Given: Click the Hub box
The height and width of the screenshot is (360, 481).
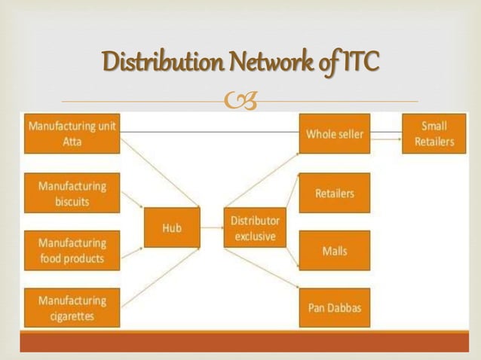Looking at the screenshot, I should [173, 227].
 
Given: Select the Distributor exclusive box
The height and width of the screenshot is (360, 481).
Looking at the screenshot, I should [254, 227].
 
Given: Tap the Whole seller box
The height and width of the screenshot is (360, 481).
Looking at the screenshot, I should [334, 134].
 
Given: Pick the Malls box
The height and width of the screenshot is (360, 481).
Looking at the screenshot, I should [334, 250].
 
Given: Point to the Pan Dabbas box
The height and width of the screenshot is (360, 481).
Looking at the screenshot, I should [334, 307].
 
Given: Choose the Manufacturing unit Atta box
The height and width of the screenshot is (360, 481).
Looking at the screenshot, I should [72, 134].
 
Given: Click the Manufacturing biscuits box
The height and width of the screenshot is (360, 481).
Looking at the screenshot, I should [72, 193].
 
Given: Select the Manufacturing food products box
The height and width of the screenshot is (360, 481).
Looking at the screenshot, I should [72, 250].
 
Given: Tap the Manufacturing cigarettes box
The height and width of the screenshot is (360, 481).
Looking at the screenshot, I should [72, 307].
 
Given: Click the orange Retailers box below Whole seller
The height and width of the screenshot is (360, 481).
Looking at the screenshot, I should [334, 193].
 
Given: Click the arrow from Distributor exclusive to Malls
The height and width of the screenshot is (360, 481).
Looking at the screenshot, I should [293, 238].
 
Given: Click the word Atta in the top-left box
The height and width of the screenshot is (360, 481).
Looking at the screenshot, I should [72, 142].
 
